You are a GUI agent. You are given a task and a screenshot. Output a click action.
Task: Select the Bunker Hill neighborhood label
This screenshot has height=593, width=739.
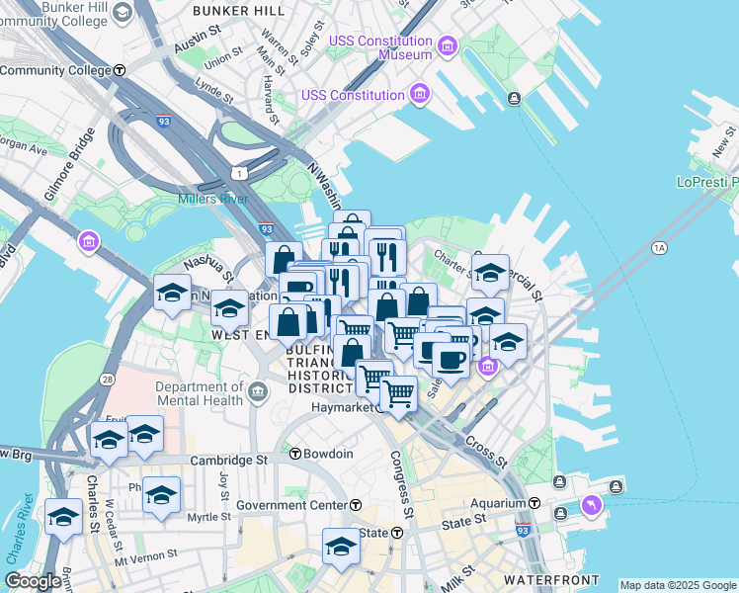tap(239, 10)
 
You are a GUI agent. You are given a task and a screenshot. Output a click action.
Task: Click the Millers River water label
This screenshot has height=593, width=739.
tap(211, 199)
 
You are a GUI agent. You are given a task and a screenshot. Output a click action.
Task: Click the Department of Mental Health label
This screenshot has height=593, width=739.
tap(199, 393)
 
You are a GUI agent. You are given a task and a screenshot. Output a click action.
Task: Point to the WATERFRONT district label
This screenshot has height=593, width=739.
tap(551, 579)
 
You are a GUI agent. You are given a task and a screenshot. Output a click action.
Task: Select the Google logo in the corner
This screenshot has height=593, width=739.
tap(33, 580)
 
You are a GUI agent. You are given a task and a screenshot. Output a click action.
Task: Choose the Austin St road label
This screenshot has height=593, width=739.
tap(196, 46)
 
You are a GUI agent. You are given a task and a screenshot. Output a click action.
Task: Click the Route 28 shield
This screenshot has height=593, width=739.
tap(107, 379)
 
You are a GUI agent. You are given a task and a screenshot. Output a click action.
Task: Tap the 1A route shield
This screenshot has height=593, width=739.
tap(659, 248)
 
